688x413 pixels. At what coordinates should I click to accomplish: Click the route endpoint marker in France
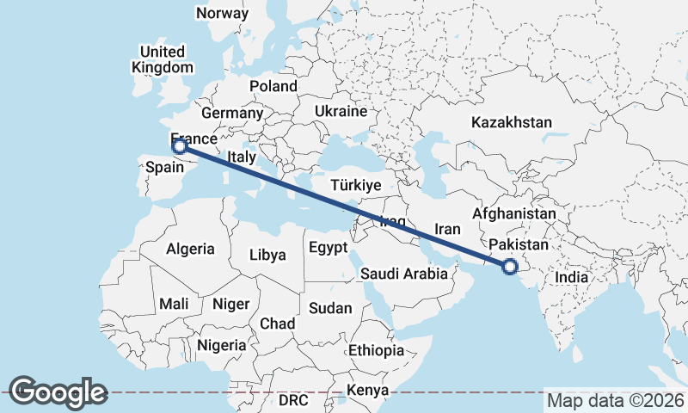tap(180, 145)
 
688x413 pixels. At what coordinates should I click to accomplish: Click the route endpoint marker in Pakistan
tap(510, 268)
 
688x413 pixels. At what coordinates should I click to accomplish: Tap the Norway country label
tap(222, 13)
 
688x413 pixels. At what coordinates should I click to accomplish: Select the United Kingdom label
tap(163, 59)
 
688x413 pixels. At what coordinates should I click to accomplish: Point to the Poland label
tap(273, 86)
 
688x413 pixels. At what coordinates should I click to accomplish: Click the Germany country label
tap(232, 113)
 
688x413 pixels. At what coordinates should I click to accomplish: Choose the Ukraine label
tap(341, 112)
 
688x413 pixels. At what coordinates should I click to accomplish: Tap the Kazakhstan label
tap(511, 123)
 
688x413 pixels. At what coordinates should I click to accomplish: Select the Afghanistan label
tap(515, 213)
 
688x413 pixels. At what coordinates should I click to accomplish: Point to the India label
tap(572, 277)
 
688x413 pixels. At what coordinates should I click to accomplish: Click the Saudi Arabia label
tap(404, 274)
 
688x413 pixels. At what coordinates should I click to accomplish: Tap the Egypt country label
tap(328, 248)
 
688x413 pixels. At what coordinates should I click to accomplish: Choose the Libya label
tap(267, 255)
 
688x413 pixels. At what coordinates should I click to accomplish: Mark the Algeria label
tap(190, 249)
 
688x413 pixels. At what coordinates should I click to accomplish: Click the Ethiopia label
tap(376, 350)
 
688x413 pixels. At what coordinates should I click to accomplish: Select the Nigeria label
tap(221, 345)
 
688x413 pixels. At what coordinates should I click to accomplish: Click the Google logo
tap(58, 391)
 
